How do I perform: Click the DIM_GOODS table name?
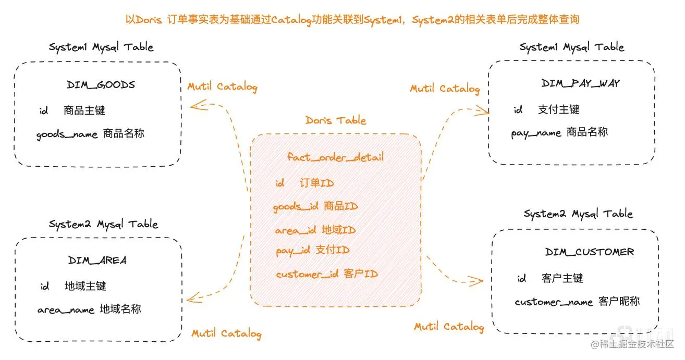click(x=101, y=85)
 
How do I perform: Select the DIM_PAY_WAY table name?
click(x=581, y=83)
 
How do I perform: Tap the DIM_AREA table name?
click(x=97, y=260)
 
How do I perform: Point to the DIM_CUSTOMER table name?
click(x=590, y=252)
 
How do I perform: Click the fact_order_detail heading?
click(x=335, y=156)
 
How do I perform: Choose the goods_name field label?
click(x=67, y=134)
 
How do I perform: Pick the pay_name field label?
click(x=536, y=133)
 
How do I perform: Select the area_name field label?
click(x=66, y=310)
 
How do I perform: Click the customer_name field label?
click(x=554, y=302)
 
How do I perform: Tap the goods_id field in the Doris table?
click(x=296, y=207)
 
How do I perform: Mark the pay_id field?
click(x=293, y=251)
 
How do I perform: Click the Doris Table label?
click(x=336, y=120)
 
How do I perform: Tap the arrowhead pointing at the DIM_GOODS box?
click(x=196, y=106)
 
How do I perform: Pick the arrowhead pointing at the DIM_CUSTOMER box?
click(x=476, y=281)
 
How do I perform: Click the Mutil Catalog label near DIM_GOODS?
click(x=222, y=87)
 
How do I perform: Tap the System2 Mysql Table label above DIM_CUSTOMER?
click(x=578, y=214)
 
